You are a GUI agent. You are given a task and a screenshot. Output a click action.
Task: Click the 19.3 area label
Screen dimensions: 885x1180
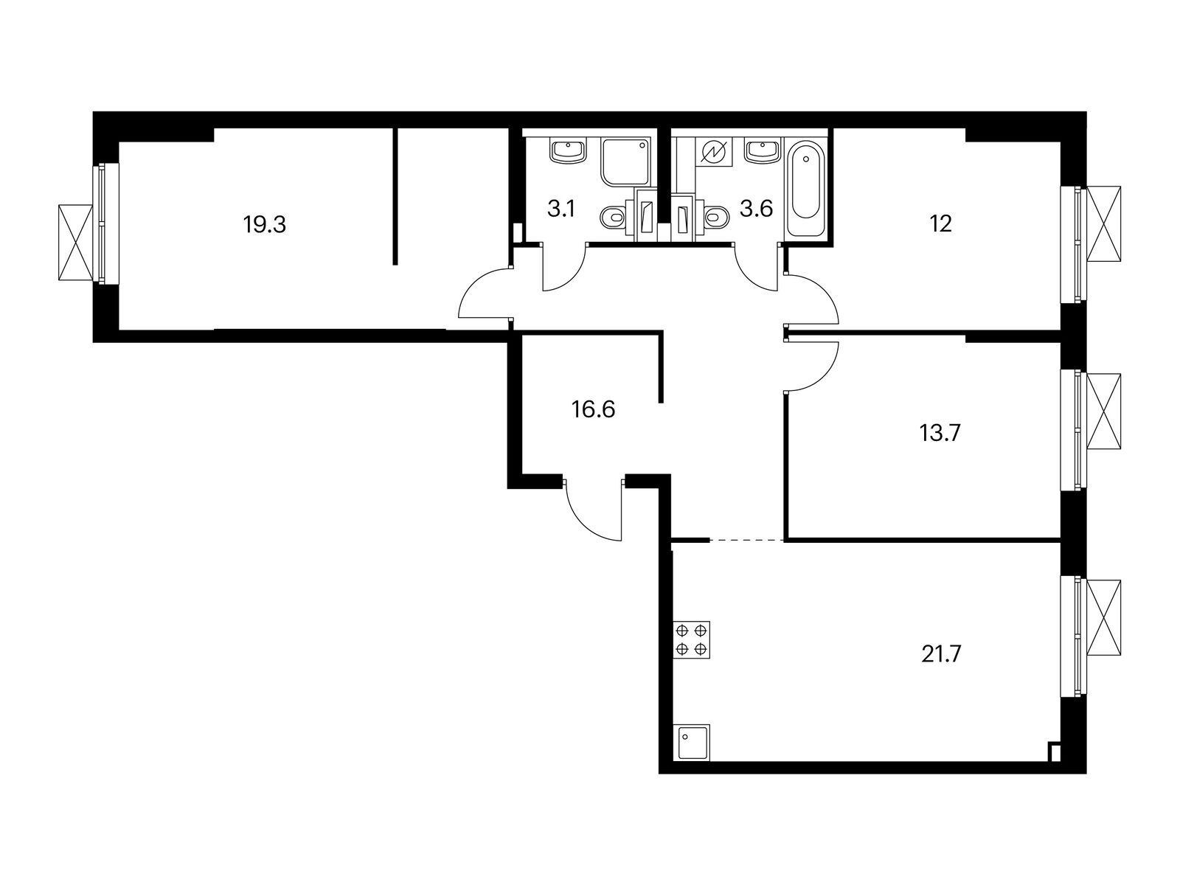pyautogui.click(x=264, y=224)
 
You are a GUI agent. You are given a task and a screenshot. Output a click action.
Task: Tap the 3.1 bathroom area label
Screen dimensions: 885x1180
pyautogui.click(x=561, y=209)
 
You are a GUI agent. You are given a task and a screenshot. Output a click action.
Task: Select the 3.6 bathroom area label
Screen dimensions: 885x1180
pyautogui.click(x=756, y=209)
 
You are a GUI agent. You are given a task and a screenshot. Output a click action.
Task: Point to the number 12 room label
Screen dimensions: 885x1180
pyautogui.click(x=941, y=224)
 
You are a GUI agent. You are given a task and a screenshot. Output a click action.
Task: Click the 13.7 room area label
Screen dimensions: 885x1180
pyautogui.click(x=940, y=433)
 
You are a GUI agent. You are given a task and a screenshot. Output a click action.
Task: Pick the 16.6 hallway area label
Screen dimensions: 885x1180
pyautogui.click(x=593, y=409)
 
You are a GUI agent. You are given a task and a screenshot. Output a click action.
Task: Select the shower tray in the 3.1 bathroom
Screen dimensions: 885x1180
pyautogui.click(x=627, y=162)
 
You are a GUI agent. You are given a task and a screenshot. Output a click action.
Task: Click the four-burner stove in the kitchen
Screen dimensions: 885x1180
pyautogui.click(x=691, y=639)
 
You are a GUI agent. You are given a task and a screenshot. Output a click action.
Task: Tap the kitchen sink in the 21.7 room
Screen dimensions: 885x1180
pyautogui.click(x=692, y=743)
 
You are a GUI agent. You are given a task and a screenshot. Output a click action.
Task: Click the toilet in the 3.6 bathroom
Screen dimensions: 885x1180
pyautogui.click(x=712, y=218)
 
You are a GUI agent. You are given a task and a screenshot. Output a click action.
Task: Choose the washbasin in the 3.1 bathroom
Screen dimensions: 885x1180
pyautogui.click(x=567, y=151)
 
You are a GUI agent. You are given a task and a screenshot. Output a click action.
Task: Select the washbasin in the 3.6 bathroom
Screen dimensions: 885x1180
pyautogui.click(x=763, y=151)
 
